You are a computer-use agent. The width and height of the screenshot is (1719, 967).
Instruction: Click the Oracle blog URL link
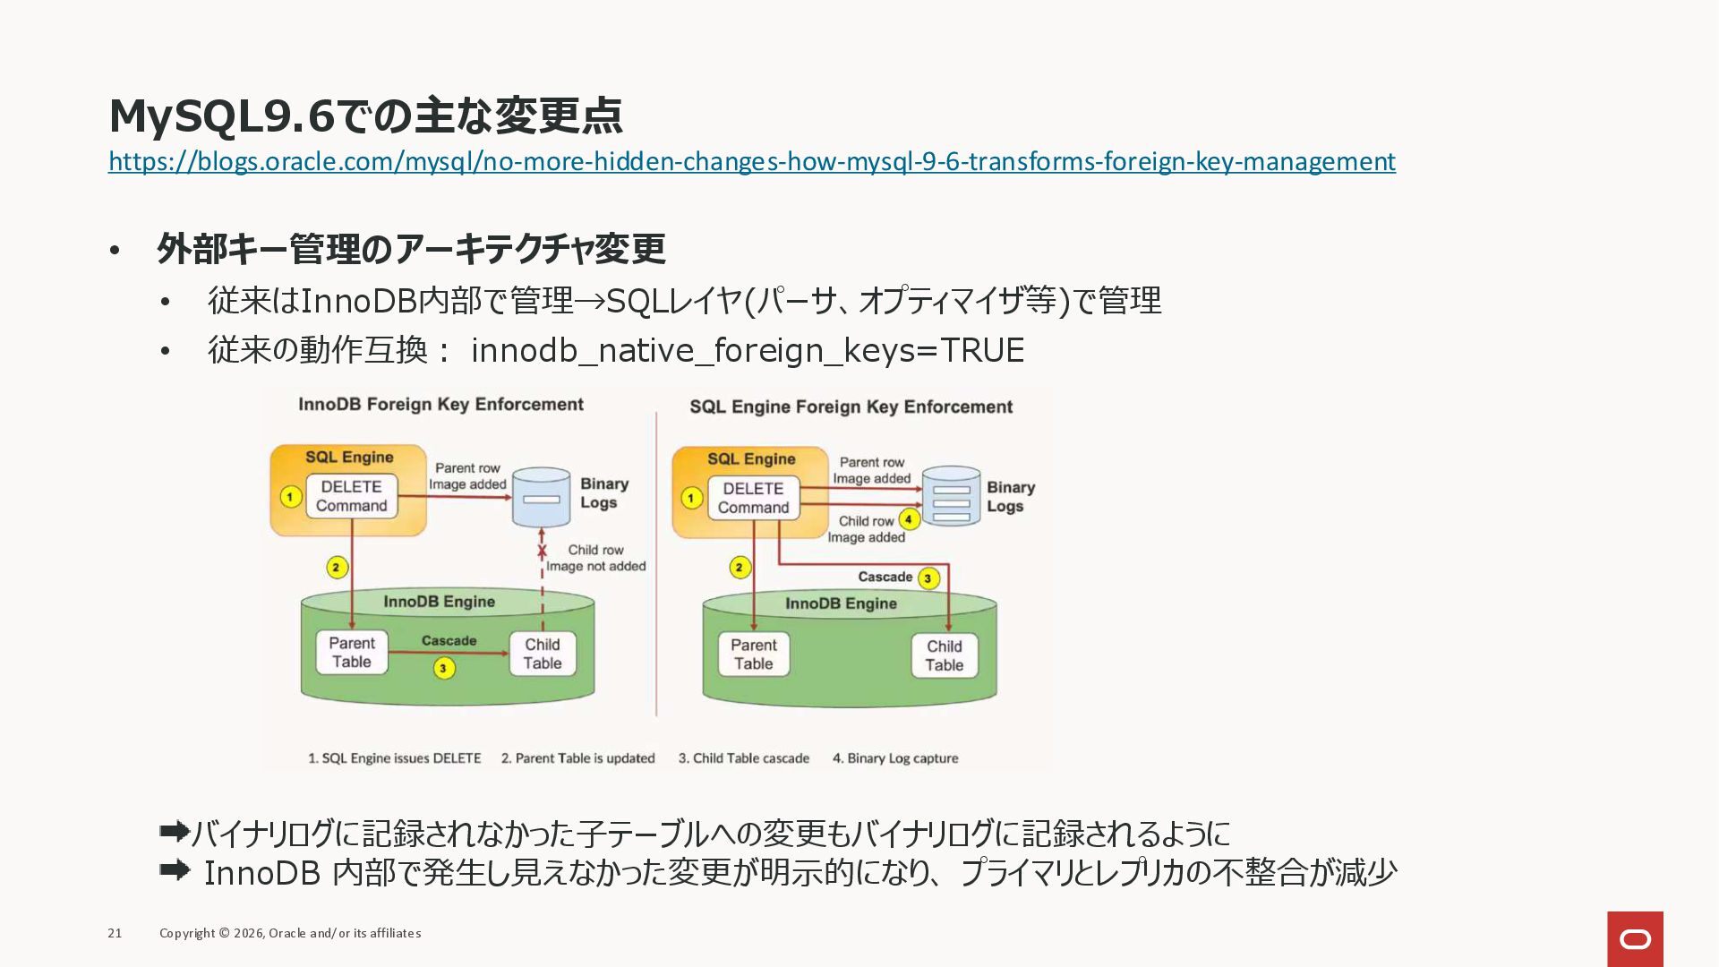click(751, 161)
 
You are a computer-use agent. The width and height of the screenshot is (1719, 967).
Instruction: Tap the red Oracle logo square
click(1635, 938)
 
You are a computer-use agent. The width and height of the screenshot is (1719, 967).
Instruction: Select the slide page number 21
click(115, 933)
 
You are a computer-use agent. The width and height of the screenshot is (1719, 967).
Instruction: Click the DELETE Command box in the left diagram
click(351, 496)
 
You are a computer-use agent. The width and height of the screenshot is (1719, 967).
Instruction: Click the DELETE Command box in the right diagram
click(753, 498)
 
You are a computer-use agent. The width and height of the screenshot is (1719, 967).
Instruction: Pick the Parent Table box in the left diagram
click(351, 653)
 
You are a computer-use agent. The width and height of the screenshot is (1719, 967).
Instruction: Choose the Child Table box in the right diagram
click(944, 655)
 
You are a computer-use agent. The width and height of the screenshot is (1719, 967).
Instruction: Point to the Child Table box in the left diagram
click(543, 654)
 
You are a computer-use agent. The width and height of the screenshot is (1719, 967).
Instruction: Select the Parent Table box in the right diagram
click(753, 655)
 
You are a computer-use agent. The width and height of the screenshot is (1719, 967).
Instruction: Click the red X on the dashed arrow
click(542, 551)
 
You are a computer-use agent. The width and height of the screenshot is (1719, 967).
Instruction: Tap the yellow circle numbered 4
click(909, 519)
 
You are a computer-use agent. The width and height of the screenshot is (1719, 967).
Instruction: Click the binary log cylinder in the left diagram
click(541, 497)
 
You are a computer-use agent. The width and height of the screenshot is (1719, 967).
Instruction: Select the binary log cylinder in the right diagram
click(951, 495)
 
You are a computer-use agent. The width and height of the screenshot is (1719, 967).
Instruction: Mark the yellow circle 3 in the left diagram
click(443, 668)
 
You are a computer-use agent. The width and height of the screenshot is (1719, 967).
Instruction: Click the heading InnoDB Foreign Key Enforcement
click(440, 405)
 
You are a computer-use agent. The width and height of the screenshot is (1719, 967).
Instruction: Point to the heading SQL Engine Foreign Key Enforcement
click(851, 407)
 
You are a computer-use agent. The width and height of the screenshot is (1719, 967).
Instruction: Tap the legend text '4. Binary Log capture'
click(895, 758)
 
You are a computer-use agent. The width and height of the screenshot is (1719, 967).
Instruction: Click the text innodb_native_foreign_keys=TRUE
click(747, 350)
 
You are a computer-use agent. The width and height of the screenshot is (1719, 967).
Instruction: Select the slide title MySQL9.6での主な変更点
click(365, 115)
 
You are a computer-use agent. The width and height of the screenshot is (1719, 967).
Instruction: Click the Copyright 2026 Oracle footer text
click(290, 933)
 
